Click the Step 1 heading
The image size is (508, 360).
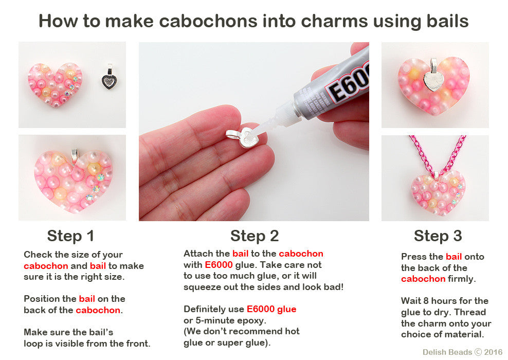click(x=70, y=236)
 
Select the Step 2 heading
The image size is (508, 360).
click(x=255, y=236)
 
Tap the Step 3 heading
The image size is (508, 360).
click(x=438, y=236)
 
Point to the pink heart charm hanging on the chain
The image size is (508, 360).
click(x=438, y=193)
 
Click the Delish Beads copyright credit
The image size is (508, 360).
click(x=463, y=352)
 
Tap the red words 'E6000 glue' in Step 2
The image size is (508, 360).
click(x=271, y=309)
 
